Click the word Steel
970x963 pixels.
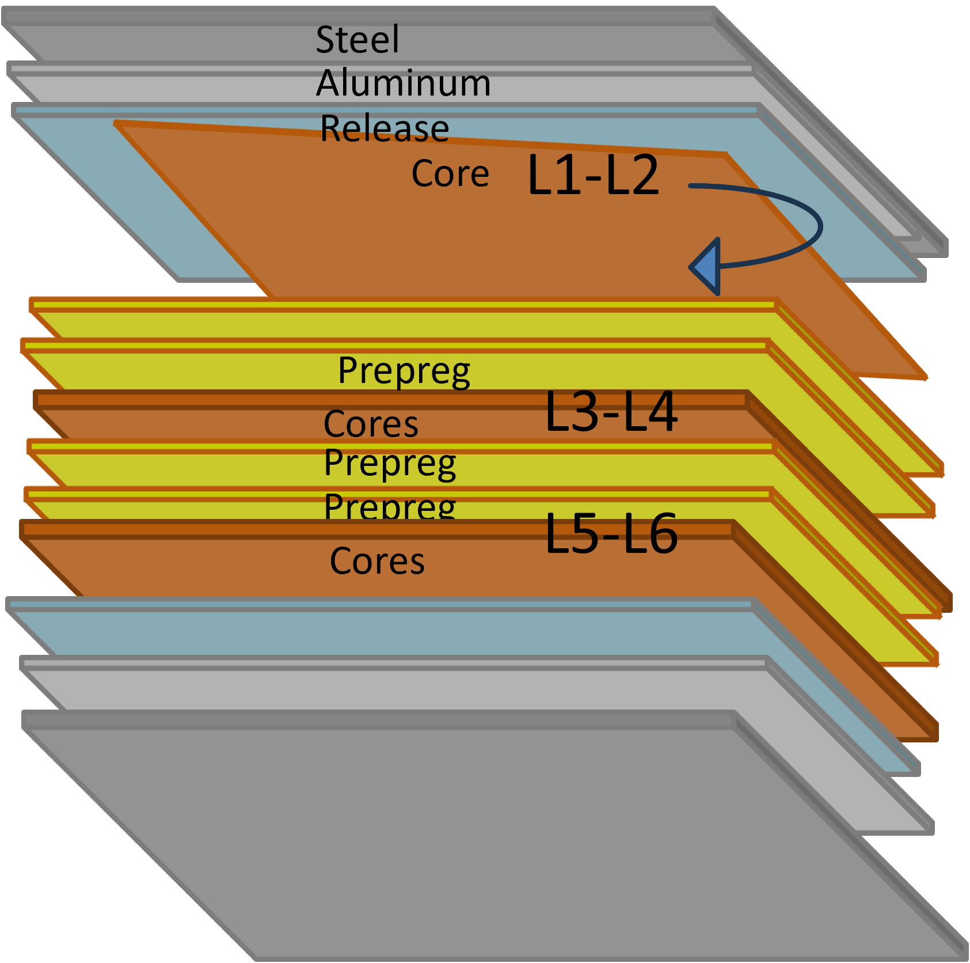pos(357,40)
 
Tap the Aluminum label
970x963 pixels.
pos(403,83)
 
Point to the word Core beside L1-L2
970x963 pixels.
pos(450,173)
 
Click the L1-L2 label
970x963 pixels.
pos(593,175)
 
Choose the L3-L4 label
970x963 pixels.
pos(611,411)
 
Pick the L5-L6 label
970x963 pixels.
pos(611,534)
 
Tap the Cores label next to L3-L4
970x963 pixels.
pos(371,424)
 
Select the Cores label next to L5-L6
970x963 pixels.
pos(377,561)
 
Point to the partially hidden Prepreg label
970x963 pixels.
pos(390,506)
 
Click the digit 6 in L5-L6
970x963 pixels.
pos(661,534)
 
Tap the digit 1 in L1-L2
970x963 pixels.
pos(569,175)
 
